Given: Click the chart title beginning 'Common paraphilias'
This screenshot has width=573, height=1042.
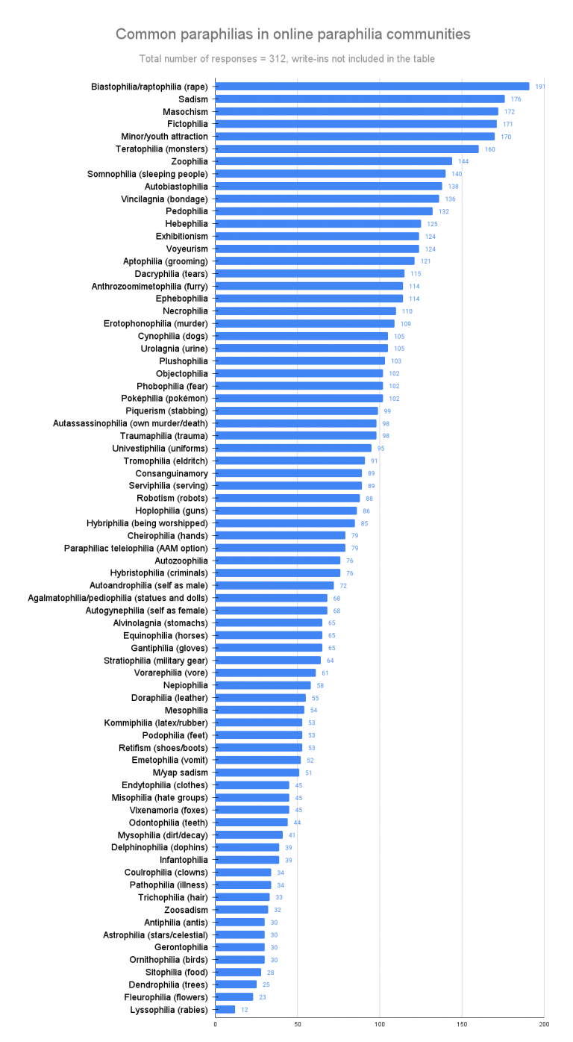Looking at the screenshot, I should tap(292, 34).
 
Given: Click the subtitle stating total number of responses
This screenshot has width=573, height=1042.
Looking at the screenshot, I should tap(286, 59).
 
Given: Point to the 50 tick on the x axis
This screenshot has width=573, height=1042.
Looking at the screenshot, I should tap(298, 1025).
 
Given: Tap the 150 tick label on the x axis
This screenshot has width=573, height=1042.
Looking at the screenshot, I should tap(462, 1025).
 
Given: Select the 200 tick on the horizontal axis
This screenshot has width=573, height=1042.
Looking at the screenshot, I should tap(543, 1025).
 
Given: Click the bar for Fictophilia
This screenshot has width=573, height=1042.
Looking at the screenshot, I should tap(356, 124).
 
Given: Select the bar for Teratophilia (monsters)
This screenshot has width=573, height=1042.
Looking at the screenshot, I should tap(347, 149).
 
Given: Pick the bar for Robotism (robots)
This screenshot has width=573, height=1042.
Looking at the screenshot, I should tap(287, 498).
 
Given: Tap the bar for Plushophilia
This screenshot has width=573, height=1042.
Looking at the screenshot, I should tap(300, 361).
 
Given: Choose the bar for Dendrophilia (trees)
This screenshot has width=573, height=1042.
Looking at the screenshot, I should tap(236, 985).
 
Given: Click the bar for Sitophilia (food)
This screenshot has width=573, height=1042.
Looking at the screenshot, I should tap(238, 972).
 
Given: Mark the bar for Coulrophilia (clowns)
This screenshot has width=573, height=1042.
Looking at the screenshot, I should tap(243, 872).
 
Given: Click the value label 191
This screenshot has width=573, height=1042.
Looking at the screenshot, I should tap(540, 87).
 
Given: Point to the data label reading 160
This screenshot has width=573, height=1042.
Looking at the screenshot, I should tap(489, 149).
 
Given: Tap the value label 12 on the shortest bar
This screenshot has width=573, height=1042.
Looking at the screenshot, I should tap(244, 1010).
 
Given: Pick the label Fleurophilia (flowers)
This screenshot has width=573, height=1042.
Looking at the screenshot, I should tap(166, 996).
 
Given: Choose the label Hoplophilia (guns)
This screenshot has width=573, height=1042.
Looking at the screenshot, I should tap(171, 511).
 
